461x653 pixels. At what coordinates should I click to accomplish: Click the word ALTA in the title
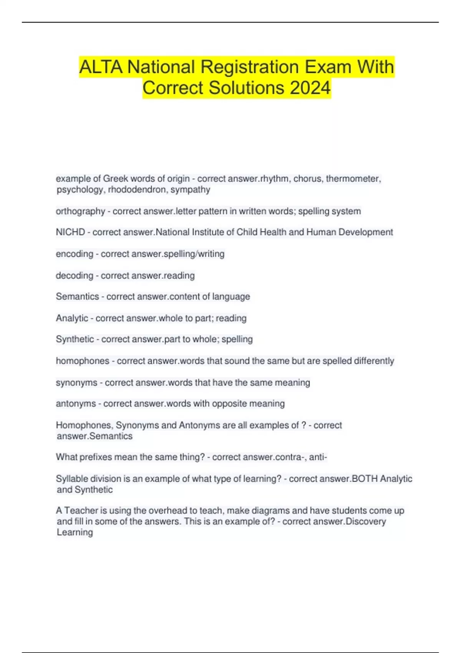point(101,67)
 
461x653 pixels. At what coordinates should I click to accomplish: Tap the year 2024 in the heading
point(310,88)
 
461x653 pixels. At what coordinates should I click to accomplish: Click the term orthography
point(80,211)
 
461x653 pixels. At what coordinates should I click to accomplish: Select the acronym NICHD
point(70,232)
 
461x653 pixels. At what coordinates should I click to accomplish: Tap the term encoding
point(75,254)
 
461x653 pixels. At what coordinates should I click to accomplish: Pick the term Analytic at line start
point(72,318)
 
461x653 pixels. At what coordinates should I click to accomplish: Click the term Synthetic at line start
point(75,339)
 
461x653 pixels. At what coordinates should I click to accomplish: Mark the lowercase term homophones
point(83,361)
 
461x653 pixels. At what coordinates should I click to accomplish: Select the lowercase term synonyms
point(76,383)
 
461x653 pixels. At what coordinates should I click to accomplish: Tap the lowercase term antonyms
point(76,404)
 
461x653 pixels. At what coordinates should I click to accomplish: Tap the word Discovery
point(366,521)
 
